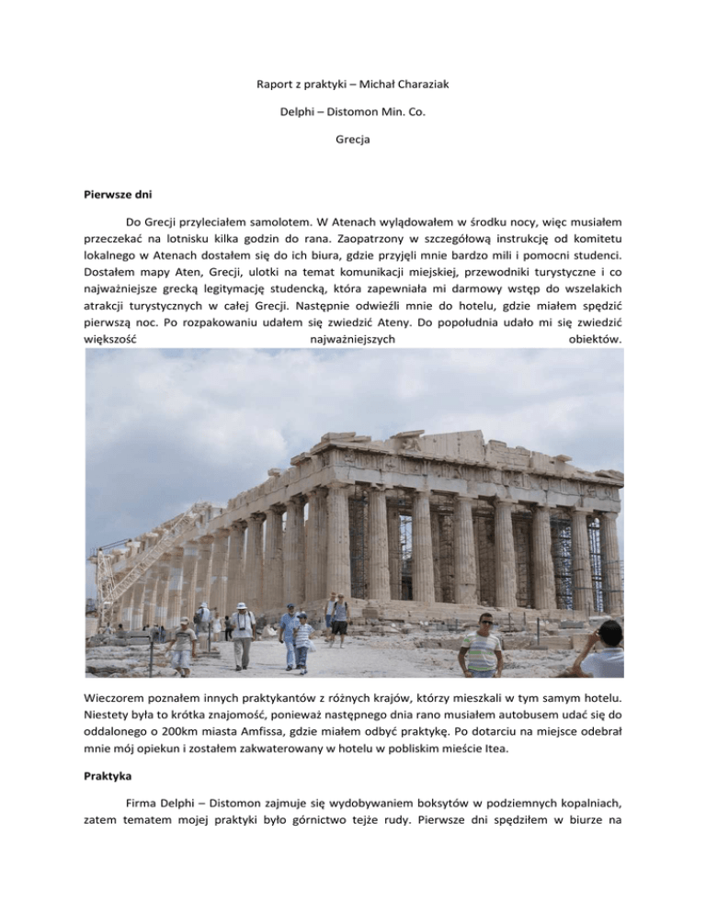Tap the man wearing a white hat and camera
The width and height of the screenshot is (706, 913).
pyautogui.click(x=242, y=633)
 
